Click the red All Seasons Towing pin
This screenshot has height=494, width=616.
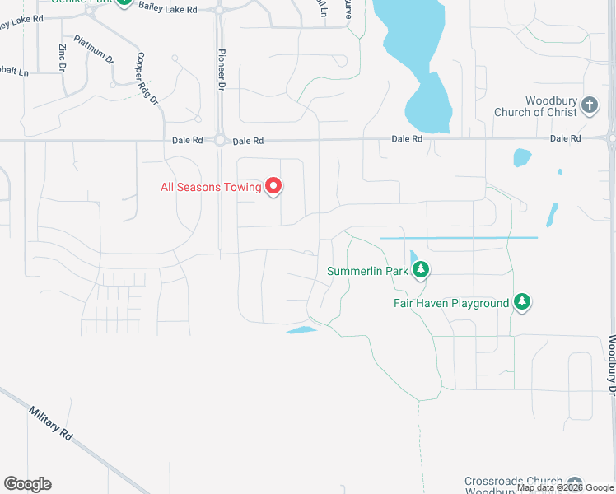click(x=274, y=187)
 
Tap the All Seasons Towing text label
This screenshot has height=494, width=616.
click(x=211, y=188)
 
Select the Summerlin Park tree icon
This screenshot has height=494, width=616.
click(x=421, y=269)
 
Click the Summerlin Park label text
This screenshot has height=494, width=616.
click(x=368, y=271)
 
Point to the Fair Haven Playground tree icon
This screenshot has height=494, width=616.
click(x=521, y=302)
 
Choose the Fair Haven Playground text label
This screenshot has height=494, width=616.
click(x=450, y=304)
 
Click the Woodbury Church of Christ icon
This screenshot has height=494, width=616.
click(x=589, y=105)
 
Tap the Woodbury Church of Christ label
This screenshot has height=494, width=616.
click(x=536, y=106)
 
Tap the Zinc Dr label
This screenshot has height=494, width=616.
click(x=63, y=55)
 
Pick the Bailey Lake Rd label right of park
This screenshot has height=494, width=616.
click(x=169, y=9)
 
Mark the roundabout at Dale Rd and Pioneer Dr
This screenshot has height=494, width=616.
click(x=221, y=141)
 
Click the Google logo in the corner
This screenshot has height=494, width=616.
click(x=27, y=484)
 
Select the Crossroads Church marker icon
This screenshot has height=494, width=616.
click(x=575, y=483)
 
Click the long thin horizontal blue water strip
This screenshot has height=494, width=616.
click(x=458, y=238)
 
